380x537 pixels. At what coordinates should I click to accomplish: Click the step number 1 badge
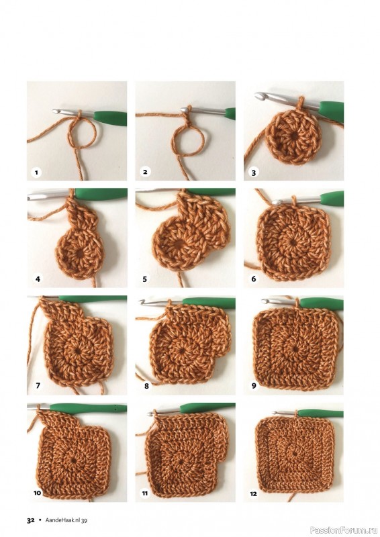(x=36, y=172)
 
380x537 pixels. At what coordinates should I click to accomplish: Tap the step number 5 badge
(x=144, y=279)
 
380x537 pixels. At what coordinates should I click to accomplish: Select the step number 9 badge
(x=254, y=385)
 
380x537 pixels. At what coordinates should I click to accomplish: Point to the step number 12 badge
(x=254, y=493)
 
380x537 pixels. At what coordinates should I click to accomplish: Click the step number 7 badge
(x=38, y=385)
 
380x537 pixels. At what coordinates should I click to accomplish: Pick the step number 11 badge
(x=145, y=493)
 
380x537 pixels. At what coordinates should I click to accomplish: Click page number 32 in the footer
(x=31, y=520)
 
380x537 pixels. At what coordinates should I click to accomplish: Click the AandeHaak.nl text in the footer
(x=63, y=520)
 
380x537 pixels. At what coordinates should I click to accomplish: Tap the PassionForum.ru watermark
(x=344, y=530)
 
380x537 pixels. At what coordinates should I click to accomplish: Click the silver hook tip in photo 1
(x=56, y=111)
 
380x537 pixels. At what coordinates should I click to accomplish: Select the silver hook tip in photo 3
(x=259, y=96)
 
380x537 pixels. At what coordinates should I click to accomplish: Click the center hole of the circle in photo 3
(x=294, y=136)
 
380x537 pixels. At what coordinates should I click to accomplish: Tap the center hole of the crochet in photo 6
(x=293, y=242)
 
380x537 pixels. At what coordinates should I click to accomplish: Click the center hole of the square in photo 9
(x=296, y=349)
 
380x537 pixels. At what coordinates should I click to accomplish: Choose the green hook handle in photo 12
(x=320, y=413)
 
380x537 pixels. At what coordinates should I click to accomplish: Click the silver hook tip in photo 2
(x=184, y=109)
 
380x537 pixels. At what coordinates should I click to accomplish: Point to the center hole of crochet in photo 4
(x=79, y=254)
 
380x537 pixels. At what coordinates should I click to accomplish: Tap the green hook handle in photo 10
(x=89, y=408)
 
